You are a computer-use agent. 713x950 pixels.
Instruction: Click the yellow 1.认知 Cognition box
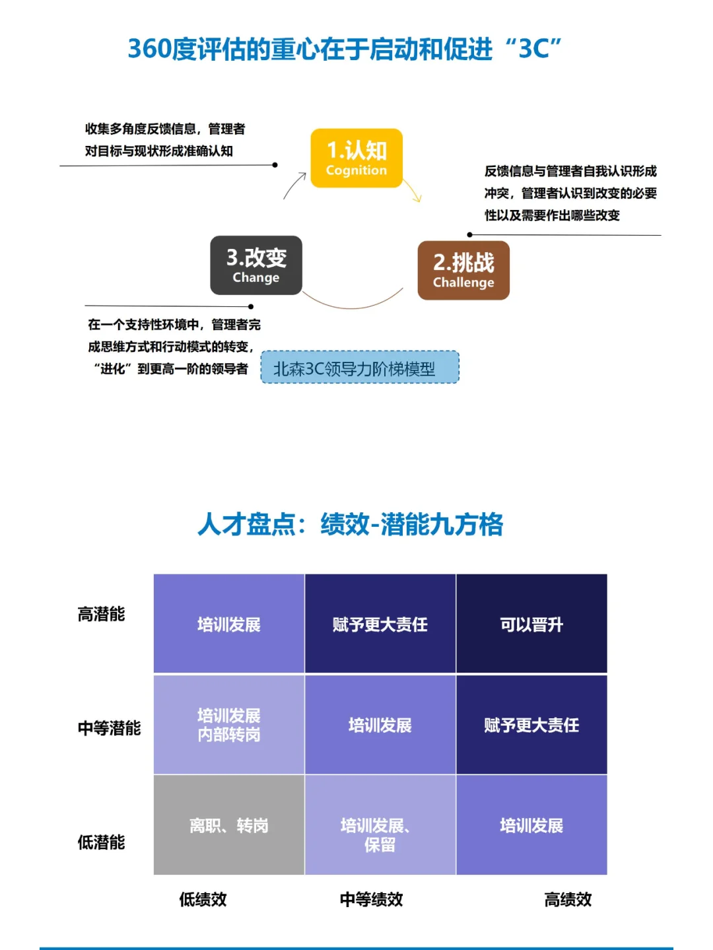pos(356,158)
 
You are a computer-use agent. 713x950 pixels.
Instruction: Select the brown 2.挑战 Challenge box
pos(463,271)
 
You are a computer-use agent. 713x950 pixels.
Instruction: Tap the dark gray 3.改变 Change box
pos(256,265)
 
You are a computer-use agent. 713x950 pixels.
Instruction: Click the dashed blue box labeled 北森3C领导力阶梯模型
pos(360,368)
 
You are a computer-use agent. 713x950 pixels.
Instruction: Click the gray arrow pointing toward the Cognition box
pos(295,184)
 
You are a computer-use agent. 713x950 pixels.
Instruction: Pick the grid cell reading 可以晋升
pos(531,624)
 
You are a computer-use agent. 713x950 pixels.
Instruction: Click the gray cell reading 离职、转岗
pos(229,825)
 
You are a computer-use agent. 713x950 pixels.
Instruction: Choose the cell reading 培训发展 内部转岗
pos(229,725)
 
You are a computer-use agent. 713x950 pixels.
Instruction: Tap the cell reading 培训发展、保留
pos(380,834)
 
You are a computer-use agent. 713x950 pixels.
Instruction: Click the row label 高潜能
pos(101,614)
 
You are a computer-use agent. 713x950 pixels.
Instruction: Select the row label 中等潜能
pos(109,728)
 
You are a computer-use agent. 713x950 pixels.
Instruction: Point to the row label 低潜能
pos(101,842)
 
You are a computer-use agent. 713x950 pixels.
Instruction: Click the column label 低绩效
pos(203,899)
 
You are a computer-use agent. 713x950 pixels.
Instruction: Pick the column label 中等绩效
pos(371,899)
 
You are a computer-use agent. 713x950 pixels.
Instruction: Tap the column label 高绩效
pos(568,899)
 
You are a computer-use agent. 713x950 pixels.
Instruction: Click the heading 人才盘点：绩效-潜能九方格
pos(351,525)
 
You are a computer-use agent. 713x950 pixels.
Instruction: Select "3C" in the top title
pos(539,49)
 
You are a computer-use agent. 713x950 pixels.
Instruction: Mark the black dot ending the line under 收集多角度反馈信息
pos(275,165)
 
